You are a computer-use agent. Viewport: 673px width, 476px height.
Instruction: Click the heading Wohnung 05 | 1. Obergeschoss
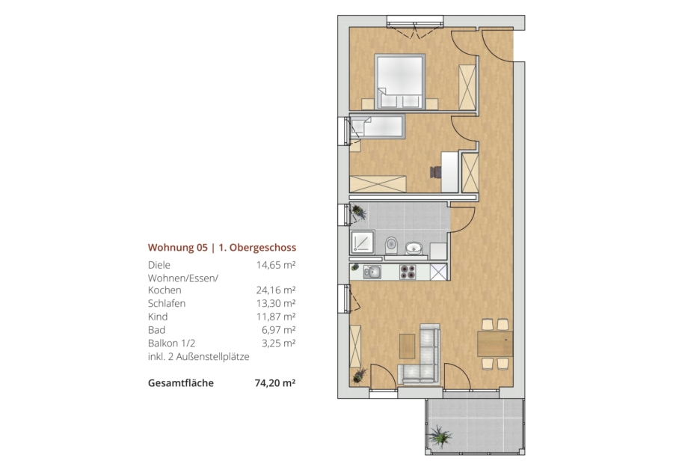222,248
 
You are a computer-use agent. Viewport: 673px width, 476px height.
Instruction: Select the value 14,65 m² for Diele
275,265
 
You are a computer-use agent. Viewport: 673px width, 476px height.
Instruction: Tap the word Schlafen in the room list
167,303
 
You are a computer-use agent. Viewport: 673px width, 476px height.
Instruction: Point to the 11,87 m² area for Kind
275,317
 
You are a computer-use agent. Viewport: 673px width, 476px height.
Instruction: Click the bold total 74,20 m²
275,382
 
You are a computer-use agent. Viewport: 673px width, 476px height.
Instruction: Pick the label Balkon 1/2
171,344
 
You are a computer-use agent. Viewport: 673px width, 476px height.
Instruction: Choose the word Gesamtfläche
181,382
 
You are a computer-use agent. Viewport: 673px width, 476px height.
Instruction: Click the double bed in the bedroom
399,81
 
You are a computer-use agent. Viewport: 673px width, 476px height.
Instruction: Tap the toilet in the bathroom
391,245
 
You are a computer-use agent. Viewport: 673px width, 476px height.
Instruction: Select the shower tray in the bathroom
363,242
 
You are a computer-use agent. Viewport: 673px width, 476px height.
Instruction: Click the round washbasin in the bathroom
414,248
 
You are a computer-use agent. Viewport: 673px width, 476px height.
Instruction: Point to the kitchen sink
372,272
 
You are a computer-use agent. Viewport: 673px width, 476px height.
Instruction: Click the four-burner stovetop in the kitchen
408,272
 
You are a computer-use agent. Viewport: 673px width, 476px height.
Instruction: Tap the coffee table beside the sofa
408,347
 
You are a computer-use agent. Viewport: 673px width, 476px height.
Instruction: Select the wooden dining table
495,344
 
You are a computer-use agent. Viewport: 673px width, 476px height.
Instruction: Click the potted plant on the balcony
440,436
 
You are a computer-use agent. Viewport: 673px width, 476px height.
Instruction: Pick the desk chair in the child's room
436,172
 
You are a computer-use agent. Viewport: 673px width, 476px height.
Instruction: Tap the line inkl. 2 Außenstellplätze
198,356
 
